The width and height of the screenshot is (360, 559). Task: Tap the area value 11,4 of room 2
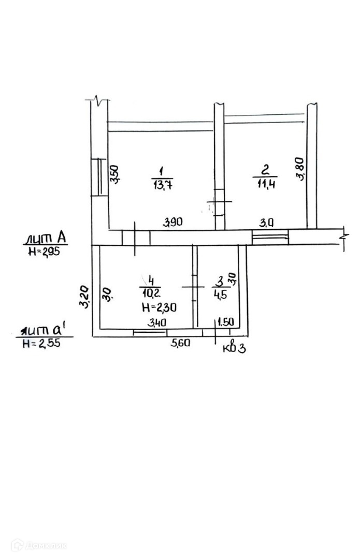(x=266, y=184)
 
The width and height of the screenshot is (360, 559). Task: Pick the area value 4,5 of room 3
(x=220, y=295)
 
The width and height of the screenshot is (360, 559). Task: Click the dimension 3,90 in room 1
(x=172, y=223)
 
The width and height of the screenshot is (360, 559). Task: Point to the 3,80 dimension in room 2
(x=300, y=169)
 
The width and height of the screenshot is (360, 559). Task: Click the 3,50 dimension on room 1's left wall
(x=114, y=174)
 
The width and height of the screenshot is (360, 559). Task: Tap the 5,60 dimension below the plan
(x=180, y=343)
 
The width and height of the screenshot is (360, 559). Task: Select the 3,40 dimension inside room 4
(x=157, y=322)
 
